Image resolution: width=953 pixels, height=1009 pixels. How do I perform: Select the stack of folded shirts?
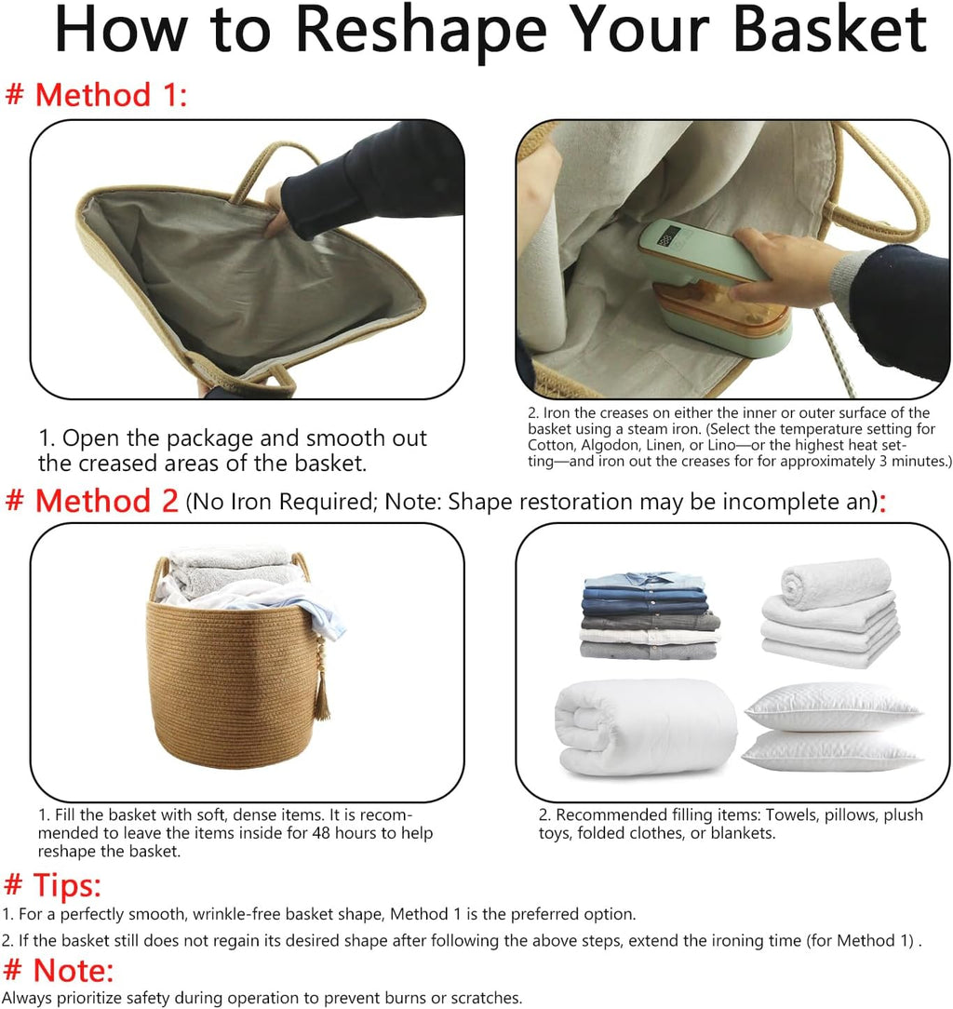click(x=650, y=616)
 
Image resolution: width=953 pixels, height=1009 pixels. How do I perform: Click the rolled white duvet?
click(x=645, y=727)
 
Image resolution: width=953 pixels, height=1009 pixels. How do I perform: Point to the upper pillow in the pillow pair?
click(x=833, y=706)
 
